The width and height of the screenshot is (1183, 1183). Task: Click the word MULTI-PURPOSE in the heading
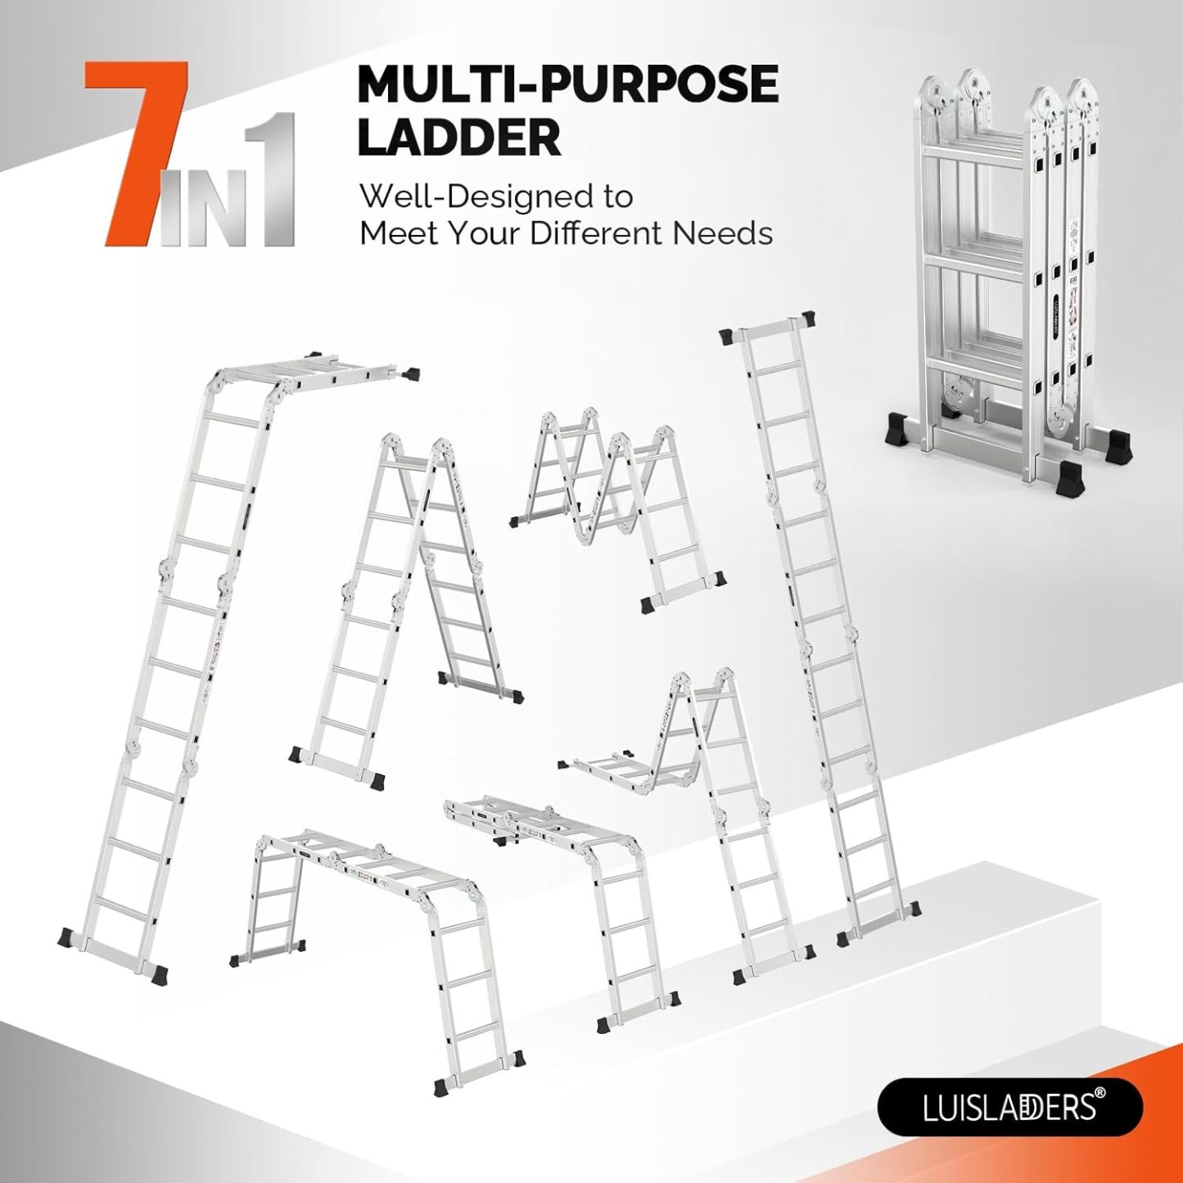tap(568, 87)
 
